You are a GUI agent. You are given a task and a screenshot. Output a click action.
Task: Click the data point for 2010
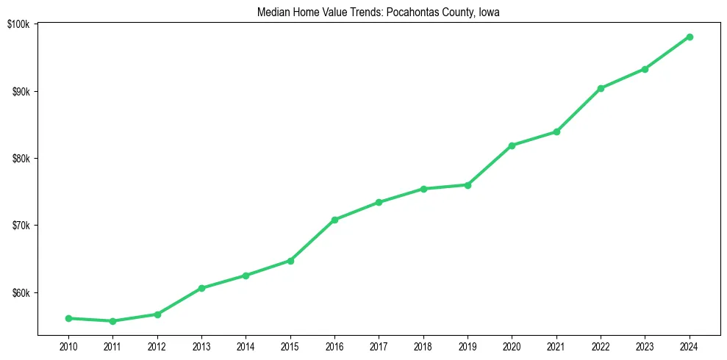click(x=68, y=318)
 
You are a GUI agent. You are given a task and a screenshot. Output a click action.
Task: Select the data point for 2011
click(x=112, y=321)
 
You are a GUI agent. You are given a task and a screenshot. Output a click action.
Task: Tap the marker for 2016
click(x=334, y=220)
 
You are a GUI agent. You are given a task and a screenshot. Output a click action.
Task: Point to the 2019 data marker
click(x=468, y=185)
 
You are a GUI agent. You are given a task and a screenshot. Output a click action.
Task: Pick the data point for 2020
click(x=512, y=145)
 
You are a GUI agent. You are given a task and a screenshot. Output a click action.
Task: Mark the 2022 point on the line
click(x=601, y=88)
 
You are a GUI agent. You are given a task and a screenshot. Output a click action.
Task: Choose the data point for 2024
click(x=690, y=37)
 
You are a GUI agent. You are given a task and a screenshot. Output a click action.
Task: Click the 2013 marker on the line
click(x=201, y=288)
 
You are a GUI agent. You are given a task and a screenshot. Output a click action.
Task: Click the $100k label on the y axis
click(x=18, y=24)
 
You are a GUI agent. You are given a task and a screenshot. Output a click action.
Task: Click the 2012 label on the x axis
click(x=157, y=346)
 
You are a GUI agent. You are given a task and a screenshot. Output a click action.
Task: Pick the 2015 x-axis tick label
click(x=290, y=346)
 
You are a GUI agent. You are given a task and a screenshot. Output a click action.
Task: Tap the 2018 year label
click(x=423, y=346)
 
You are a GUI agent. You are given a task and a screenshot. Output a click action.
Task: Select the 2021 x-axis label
click(x=556, y=346)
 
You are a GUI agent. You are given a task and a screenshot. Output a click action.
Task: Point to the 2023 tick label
click(x=645, y=346)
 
